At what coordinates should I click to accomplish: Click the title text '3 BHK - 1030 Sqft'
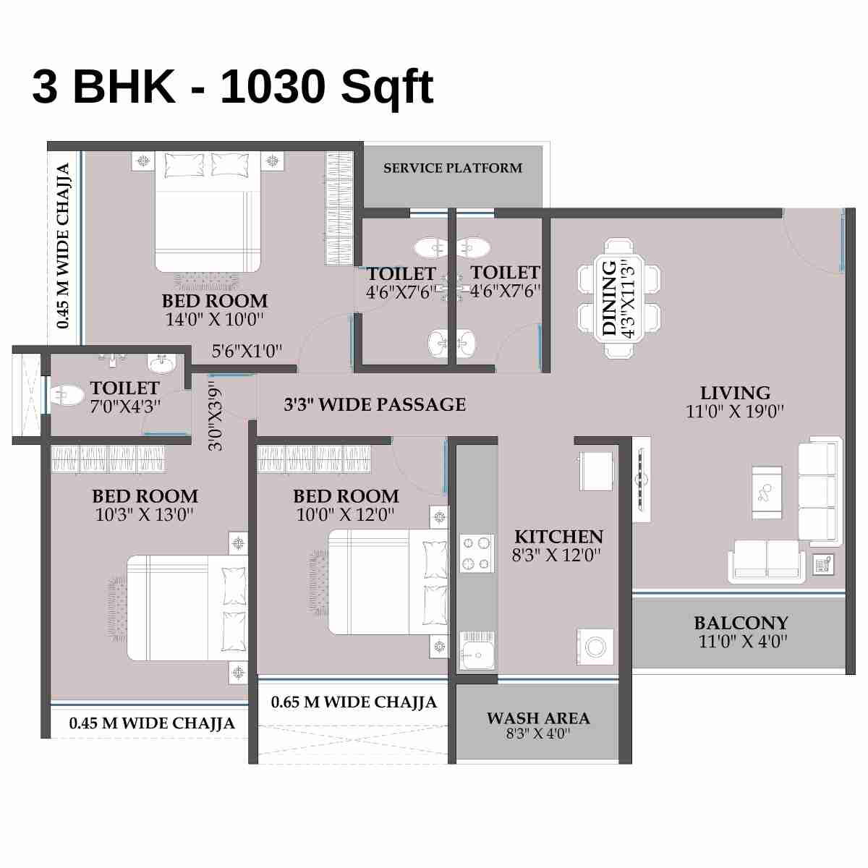point(232,87)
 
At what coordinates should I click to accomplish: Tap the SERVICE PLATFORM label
point(453,168)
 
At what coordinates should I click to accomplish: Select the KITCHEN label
point(558,537)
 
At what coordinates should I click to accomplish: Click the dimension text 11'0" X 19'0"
point(735,412)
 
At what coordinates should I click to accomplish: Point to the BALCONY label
point(741,623)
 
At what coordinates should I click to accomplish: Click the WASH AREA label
point(538,718)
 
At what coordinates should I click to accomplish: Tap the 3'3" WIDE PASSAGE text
point(375,404)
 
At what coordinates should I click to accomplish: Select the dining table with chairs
point(619,298)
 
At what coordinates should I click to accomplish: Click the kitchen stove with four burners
point(477,553)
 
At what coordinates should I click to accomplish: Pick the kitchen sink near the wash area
point(477,650)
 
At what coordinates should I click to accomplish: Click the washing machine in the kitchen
point(595,646)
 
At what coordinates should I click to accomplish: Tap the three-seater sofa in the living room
point(820,492)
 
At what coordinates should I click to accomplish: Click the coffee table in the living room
point(767,493)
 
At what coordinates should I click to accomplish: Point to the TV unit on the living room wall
point(641,479)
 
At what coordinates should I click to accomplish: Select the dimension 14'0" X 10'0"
point(214,320)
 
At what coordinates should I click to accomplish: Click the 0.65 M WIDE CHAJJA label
point(354,702)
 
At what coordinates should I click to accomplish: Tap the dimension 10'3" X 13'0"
point(145,515)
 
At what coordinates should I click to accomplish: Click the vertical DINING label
point(610,298)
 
